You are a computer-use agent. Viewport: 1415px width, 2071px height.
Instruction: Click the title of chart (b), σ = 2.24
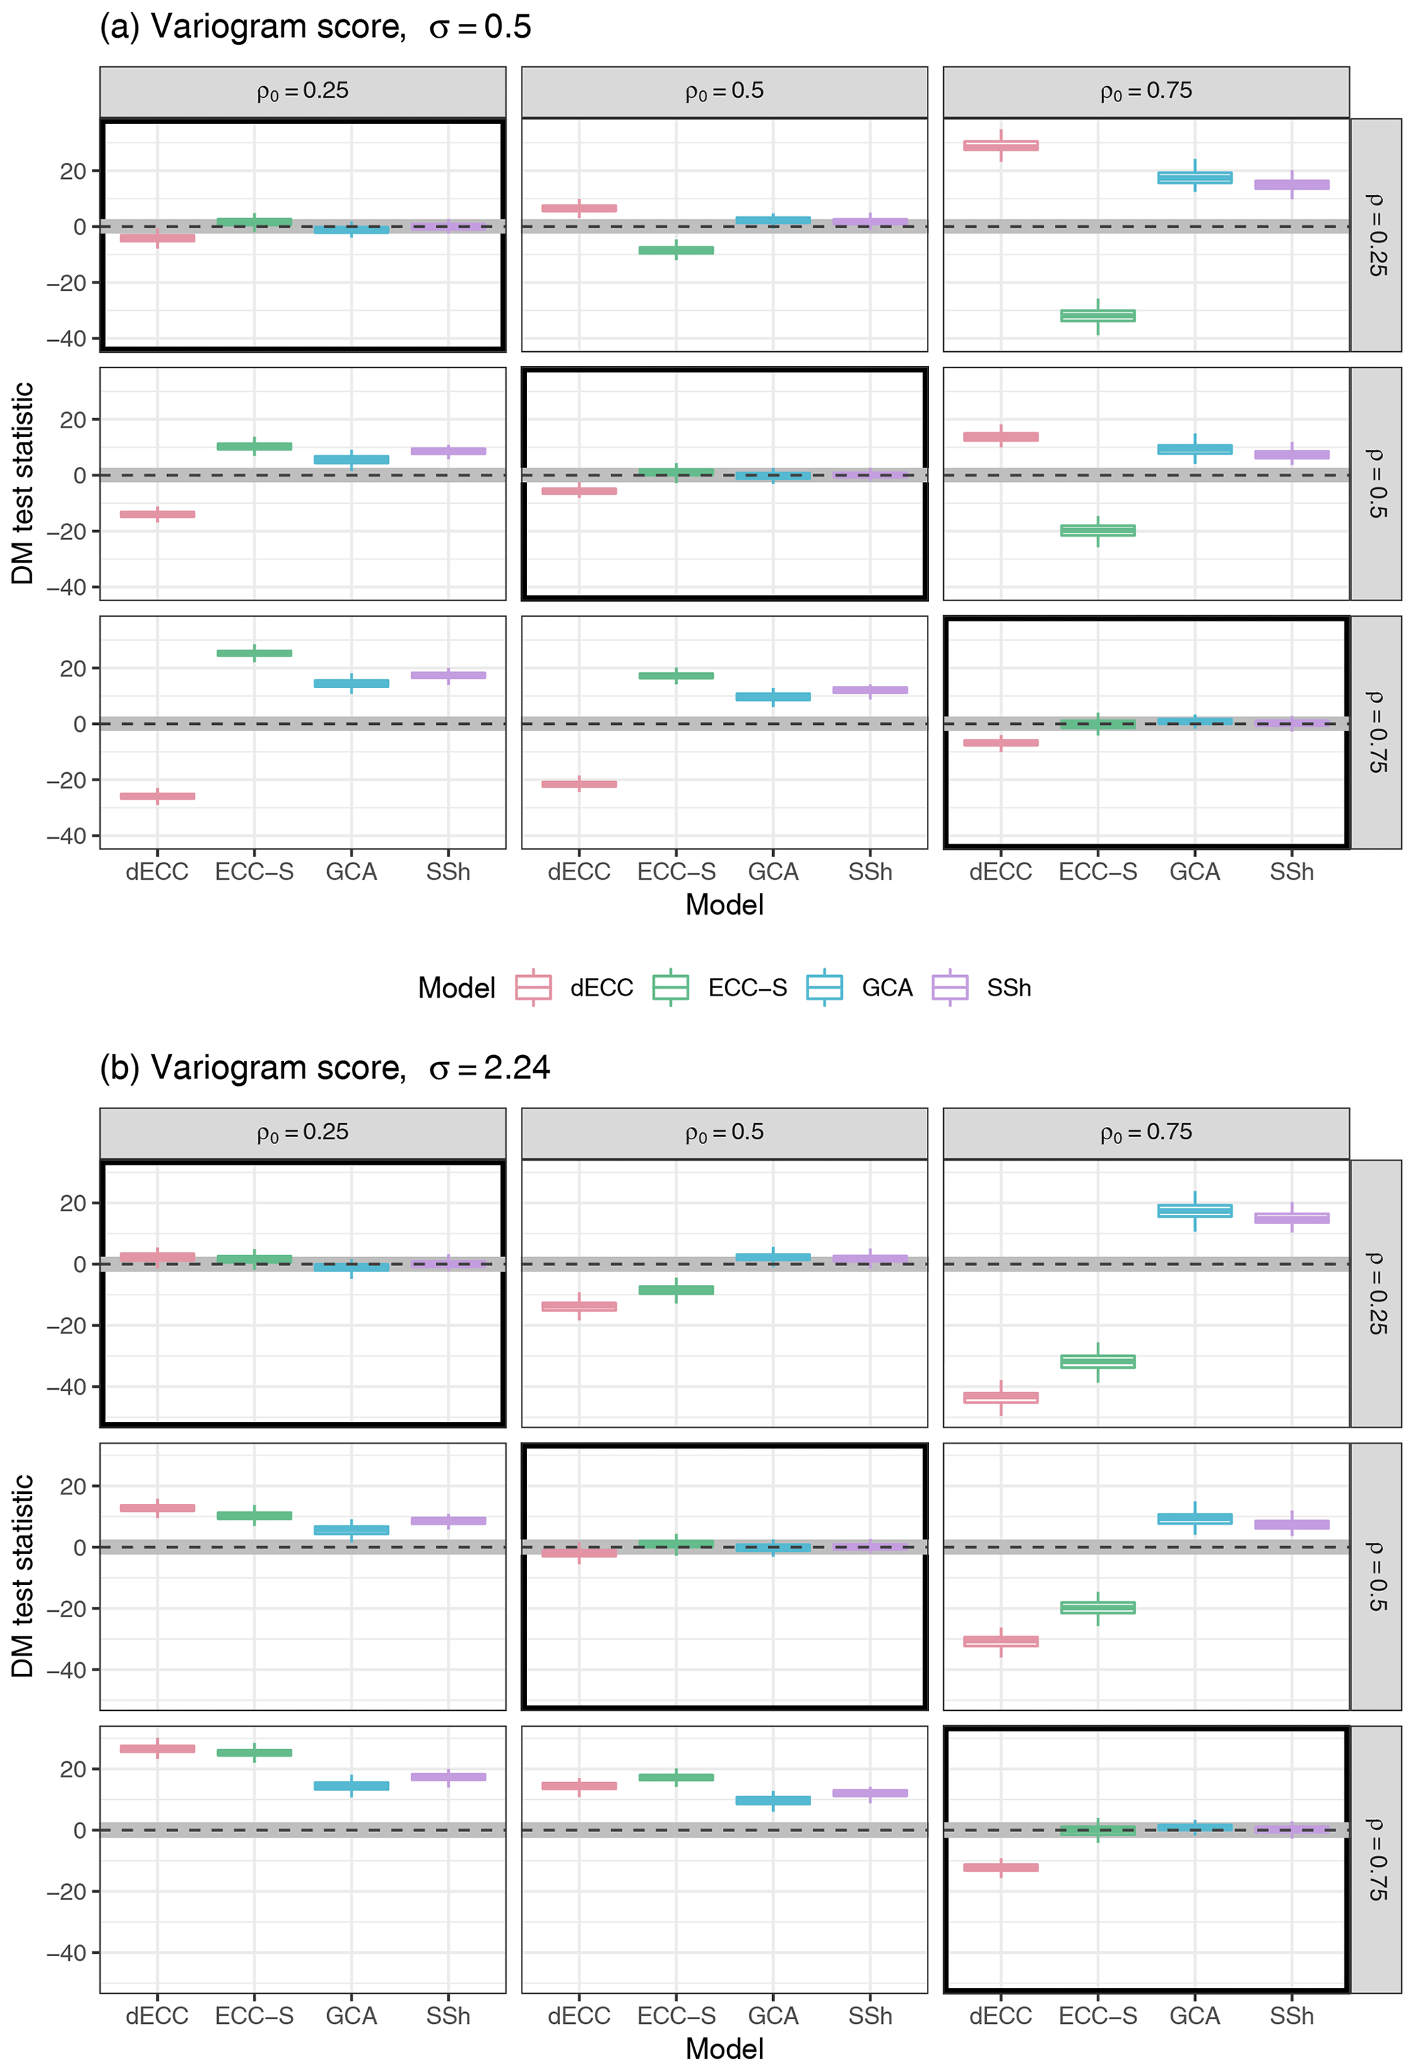pyautogui.click(x=324, y=1067)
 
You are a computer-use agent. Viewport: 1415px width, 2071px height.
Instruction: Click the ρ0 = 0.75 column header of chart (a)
pyautogui.click(x=1146, y=91)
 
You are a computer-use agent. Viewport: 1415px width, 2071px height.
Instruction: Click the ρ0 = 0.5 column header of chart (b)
pyautogui.click(x=724, y=1132)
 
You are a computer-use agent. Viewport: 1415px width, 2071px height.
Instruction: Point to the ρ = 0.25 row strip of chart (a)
pyautogui.click(x=1376, y=234)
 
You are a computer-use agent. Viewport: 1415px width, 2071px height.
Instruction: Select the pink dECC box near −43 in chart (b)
pyautogui.click(x=1001, y=1397)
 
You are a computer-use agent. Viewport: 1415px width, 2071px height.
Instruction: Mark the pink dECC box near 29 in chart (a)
pyautogui.click(x=1001, y=145)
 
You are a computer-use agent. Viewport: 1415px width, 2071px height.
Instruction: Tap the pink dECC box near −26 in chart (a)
pyautogui.click(x=157, y=796)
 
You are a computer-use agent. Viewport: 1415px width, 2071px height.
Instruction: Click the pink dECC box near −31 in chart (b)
pyautogui.click(x=1001, y=1640)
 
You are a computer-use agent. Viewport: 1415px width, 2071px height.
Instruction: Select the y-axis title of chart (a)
pyautogui.click(x=23, y=483)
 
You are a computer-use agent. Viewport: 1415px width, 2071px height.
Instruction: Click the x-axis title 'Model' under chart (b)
pyautogui.click(x=724, y=2048)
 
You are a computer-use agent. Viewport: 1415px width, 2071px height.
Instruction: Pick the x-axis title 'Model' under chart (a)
pyautogui.click(x=724, y=904)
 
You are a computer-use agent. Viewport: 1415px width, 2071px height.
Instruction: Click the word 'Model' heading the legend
pyautogui.click(x=456, y=987)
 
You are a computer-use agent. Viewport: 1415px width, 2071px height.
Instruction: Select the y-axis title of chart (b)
pyautogui.click(x=23, y=1575)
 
